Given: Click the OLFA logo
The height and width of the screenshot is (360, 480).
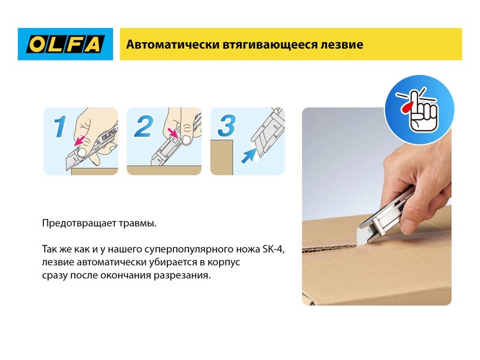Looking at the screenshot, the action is [65, 44].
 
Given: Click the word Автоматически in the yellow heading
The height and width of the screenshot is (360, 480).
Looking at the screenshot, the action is [173, 44].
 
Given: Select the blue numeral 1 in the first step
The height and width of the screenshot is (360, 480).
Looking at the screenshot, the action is [60, 126].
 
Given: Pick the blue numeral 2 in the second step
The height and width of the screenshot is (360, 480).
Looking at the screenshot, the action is [143, 126].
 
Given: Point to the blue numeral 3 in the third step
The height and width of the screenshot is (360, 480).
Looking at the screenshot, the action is [227, 125].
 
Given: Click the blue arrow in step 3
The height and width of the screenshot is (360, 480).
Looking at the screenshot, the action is [249, 155].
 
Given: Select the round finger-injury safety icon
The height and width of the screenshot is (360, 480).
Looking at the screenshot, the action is [419, 110].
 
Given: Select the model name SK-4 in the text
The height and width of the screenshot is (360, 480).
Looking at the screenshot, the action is [274, 249].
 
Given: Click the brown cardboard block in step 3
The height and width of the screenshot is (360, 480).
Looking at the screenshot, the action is [221, 157].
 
